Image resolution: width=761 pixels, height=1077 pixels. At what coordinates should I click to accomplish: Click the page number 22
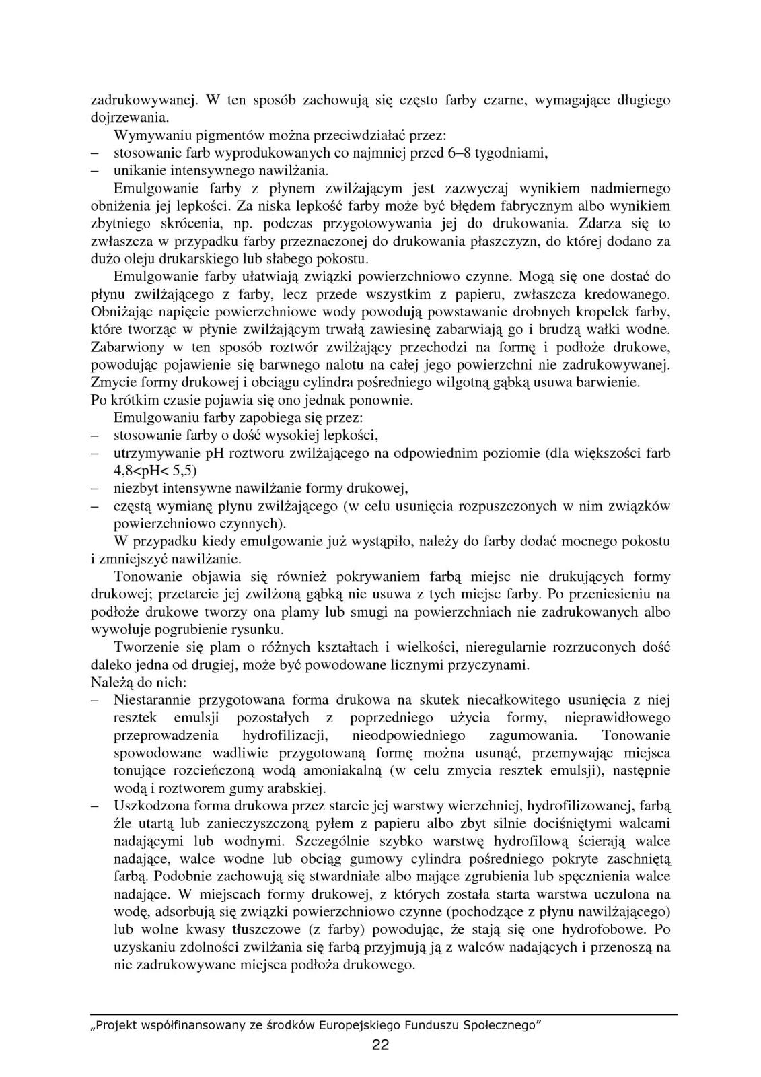(x=380, y=1045)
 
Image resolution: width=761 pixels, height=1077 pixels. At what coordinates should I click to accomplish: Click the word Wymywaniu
(x=145, y=135)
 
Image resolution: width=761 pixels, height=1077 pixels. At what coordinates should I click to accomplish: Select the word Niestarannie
(x=152, y=700)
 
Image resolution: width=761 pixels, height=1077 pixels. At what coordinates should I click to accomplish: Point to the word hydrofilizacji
(x=284, y=735)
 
